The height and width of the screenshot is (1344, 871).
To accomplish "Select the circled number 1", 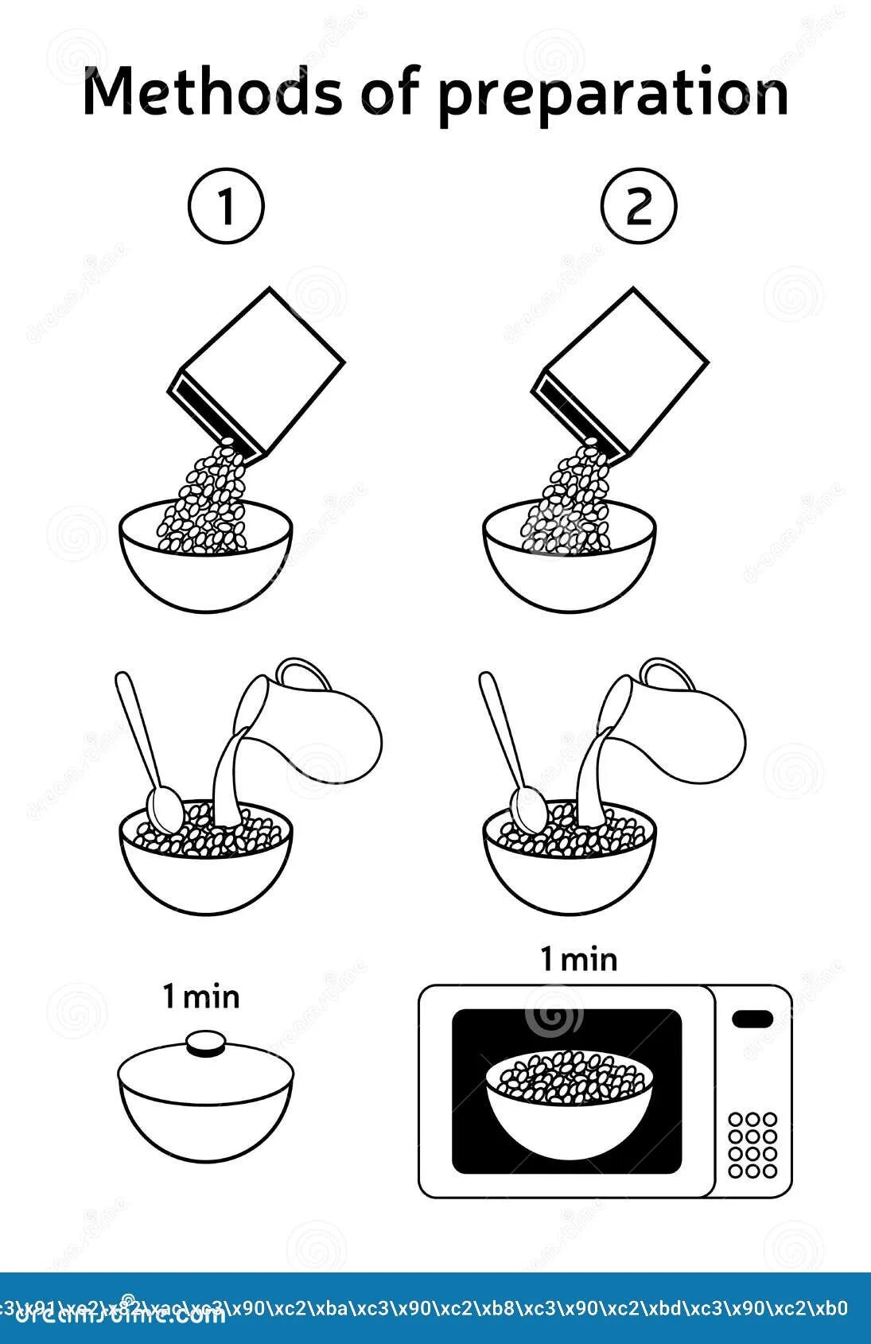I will tap(226, 206).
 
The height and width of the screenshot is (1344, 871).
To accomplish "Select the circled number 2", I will tap(639, 206).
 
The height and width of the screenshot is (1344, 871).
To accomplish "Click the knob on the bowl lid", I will tap(206, 1043).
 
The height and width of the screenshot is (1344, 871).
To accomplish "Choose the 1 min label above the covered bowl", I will tap(201, 996).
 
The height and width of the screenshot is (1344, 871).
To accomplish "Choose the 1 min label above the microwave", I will tap(579, 959).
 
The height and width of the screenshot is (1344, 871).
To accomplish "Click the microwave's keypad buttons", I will tap(752, 1144).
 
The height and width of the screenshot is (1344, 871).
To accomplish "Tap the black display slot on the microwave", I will tap(752, 1019).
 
